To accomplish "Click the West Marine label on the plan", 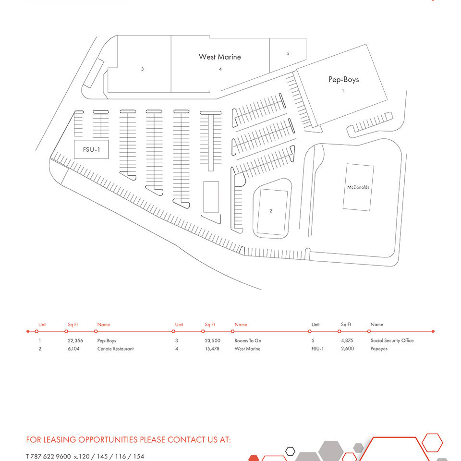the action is (x=219, y=57).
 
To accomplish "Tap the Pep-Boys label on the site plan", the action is (x=344, y=79).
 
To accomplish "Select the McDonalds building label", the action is (x=358, y=187).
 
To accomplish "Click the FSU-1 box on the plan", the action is (x=91, y=149).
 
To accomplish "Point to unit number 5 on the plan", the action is (x=288, y=53).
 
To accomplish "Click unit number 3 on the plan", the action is (x=142, y=69).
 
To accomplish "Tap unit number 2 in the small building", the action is (x=271, y=211).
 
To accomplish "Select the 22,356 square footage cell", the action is (x=75, y=340).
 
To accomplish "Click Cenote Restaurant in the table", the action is (x=115, y=349).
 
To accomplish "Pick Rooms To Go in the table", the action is (x=248, y=340).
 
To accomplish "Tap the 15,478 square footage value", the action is (x=212, y=349).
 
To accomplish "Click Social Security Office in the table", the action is (x=392, y=340).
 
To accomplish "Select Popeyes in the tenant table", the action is (x=379, y=349).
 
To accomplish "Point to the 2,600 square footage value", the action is (x=347, y=349).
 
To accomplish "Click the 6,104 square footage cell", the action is (x=73, y=349).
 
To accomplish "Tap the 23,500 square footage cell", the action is (x=213, y=340).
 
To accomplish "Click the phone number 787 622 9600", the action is (x=50, y=456).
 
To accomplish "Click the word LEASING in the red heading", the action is (x=60, y=440).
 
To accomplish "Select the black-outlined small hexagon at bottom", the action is (x=290, y=451).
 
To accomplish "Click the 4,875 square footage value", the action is (x=347, y=340).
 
